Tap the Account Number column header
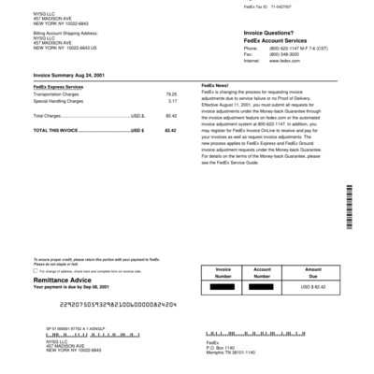[268, 272]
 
